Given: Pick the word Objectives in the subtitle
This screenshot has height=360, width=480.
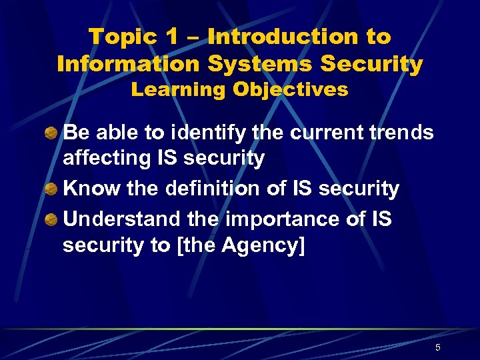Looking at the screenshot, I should pos(288,90).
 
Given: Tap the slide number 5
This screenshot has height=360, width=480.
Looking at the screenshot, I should pos(437,347).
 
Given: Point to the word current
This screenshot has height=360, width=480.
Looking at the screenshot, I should pos(326,133).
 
